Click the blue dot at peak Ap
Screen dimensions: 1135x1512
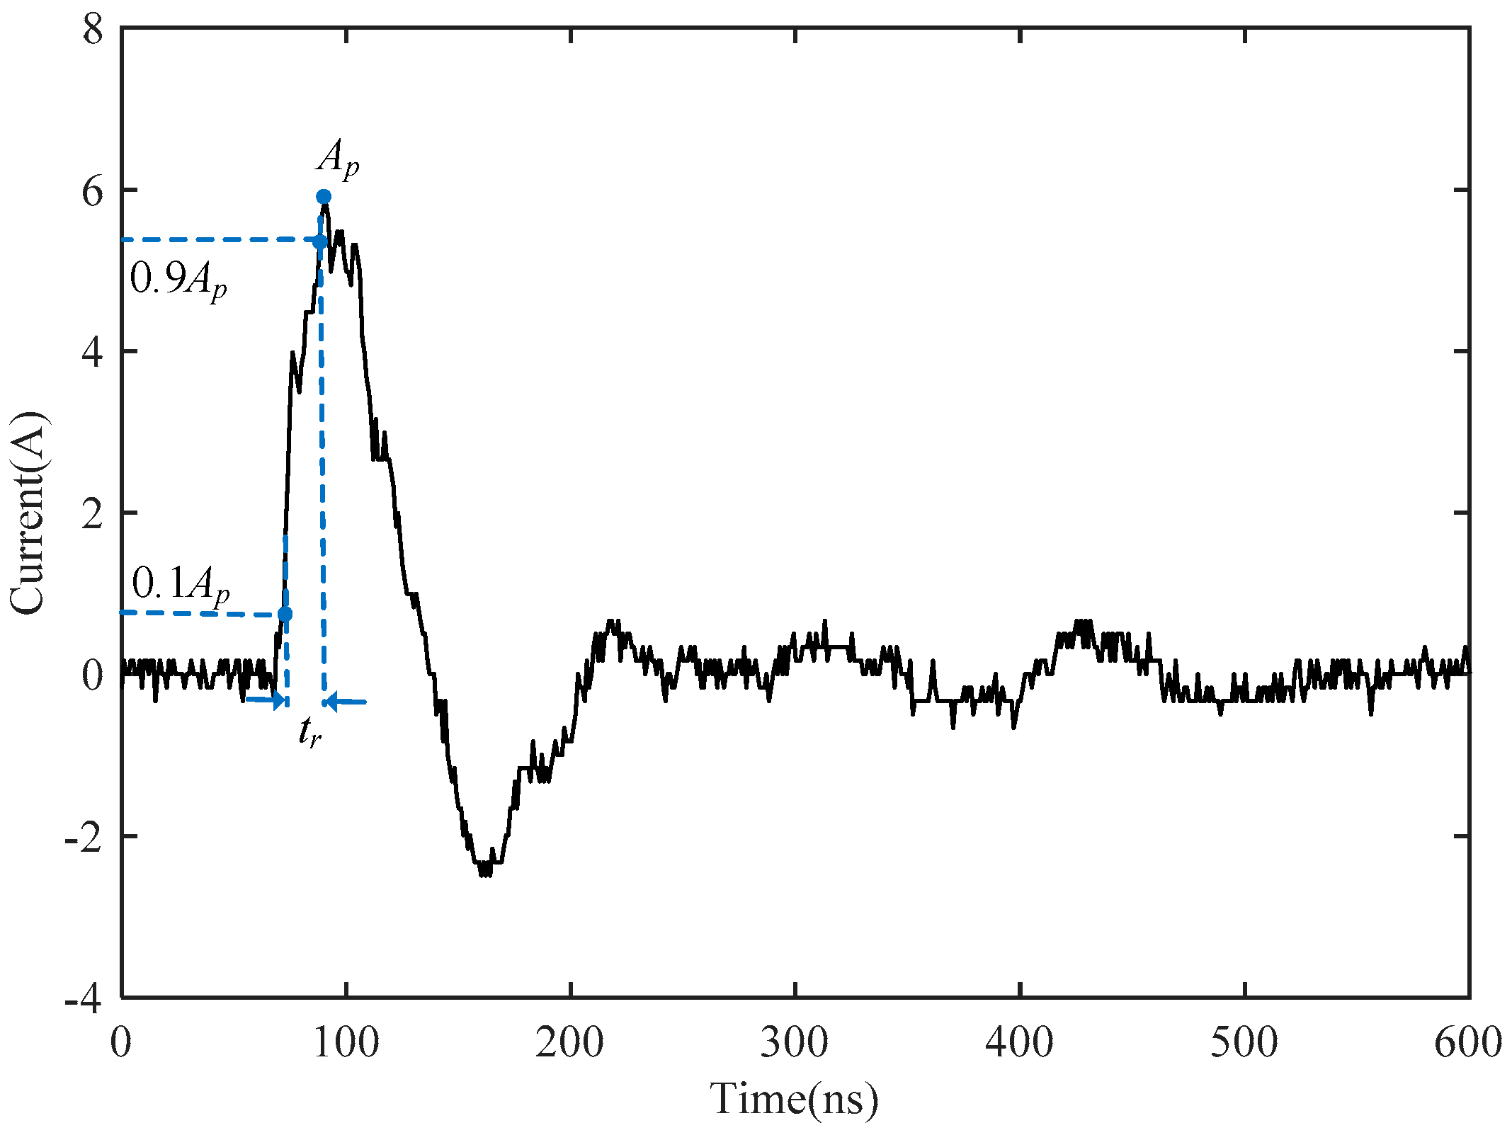tap(324, 196)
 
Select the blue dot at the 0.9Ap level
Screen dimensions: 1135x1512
tap(320, 242)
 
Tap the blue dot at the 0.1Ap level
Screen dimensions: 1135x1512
tap(285, 614)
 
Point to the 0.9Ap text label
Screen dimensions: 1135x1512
tap(179, 280)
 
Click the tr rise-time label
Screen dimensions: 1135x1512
tap(309, 732)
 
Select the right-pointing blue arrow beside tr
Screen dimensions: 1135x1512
tap(266, 700)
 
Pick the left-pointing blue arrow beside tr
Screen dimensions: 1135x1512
tap(346, 702)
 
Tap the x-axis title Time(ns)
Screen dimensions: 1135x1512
tap(795, 1100)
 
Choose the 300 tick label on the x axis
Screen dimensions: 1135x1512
tap(795, 1043)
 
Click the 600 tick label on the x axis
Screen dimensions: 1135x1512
tap(1467, 1043)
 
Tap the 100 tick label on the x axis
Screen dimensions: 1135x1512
tap(346, 1043)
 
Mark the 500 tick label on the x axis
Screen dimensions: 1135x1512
tap(1244, 1043)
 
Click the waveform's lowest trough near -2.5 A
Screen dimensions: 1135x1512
tap(485, 874)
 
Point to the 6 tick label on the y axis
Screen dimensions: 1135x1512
tap(93, 191)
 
